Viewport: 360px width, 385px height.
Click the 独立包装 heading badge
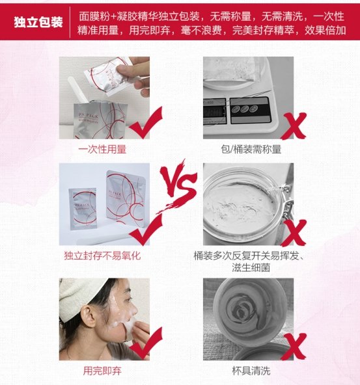coord(38,22)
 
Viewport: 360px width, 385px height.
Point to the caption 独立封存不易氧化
coord(102,256)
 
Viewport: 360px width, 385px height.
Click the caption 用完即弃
coord(102,371)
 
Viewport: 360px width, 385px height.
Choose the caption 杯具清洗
coord(250,371)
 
